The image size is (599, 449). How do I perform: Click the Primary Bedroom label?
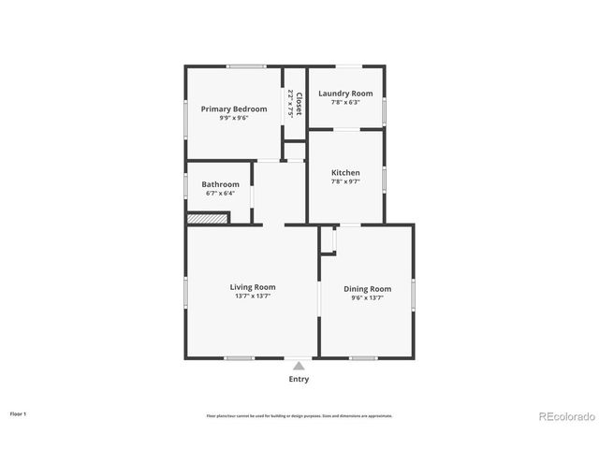(234, 109)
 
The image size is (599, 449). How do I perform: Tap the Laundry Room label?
(345, 94)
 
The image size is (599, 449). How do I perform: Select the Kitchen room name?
(345, 173)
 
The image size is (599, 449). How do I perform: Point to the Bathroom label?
(220, 184)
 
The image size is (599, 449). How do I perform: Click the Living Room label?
(253, 287)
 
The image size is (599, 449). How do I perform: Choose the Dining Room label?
(367, 289)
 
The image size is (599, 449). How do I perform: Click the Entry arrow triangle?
(299, 366)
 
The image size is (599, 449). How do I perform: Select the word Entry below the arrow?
(299, 379)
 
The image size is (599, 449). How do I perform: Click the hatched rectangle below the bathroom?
(207, 219)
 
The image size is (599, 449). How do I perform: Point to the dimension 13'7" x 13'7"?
(253, 297)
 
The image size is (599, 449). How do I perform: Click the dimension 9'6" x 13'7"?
(367, 298)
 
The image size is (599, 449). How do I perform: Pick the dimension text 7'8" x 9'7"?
(345, 181)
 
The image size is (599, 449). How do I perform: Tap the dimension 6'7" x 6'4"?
(220, 194)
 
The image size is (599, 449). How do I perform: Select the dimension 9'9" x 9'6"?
(234, 118)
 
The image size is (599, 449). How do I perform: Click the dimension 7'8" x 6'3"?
(345, 102)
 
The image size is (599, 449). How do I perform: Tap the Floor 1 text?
(19, 413)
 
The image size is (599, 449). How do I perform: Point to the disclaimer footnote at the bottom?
(299, 416)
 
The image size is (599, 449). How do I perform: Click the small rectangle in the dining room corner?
(328, 239)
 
